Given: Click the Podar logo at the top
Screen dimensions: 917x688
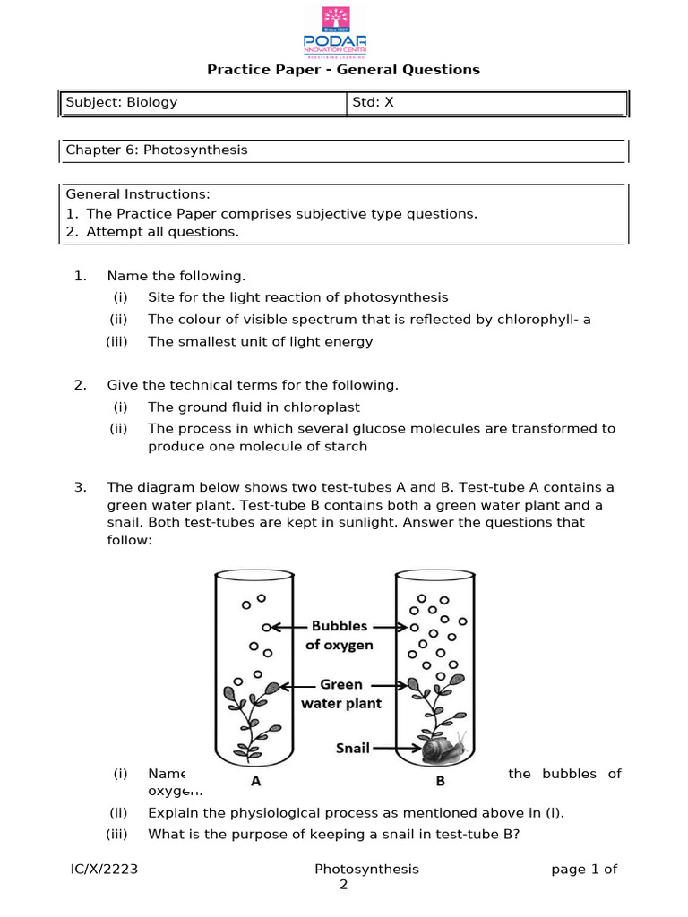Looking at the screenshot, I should click(x=343, y=31).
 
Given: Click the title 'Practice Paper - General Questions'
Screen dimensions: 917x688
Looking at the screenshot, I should click(x=343, y=70).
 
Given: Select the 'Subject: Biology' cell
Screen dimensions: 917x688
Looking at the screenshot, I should click(x=121, y=102).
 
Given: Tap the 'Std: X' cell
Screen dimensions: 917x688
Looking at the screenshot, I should click(x=373, y=102).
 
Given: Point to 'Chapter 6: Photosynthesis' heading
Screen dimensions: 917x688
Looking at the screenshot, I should click(x=156, y=150).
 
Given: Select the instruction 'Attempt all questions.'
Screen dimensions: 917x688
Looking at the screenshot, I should click(x=163, y=232).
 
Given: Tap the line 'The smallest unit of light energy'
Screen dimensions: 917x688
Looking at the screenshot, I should click(x=260, y=341).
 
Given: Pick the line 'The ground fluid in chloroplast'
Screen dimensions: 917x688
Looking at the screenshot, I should click(x=254, y=407).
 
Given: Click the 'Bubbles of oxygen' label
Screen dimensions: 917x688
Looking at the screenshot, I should click(x=339, y=635).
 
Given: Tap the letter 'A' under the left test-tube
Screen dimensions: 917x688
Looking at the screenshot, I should click(x=255, y=781).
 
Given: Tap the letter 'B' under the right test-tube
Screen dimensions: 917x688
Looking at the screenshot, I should click(x=440, y=781).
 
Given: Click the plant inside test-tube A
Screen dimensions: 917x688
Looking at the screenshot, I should click(x=246, y=716).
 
